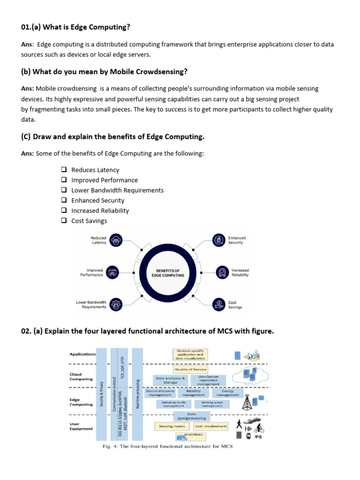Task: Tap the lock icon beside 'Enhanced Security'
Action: pyautogui.click(x=218, y=240)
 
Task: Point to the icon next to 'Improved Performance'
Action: pyautogui.click(x=112, y=272)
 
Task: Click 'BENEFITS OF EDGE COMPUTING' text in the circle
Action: pyautogui.click(x=168, y=273)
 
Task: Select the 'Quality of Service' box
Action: pyautogui.click(x=190, y=369)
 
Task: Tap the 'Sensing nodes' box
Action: pyautogui.click(x=172, y=426)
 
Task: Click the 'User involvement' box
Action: pyautogui.click(x=210, y=426)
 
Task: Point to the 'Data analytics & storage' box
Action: pyautogui.click(x=170, y=380)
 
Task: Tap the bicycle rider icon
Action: pyautogui.click(x=259, y=427)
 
